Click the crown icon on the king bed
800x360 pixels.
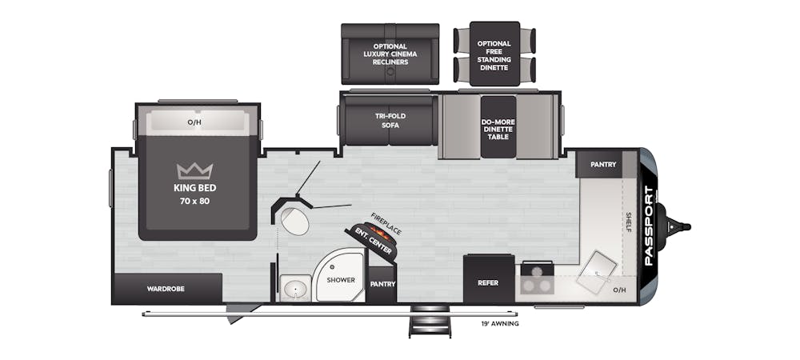click(194, 171)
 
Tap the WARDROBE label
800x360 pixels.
click(166, 289)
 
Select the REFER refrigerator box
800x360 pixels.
click(488, 278)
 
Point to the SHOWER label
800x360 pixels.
click(341, 280)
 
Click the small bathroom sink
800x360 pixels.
click(295, 288)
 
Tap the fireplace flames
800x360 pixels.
click(382, 234)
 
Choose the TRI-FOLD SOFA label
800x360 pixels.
click(390, 120)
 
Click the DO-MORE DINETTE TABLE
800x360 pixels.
click(498, 126)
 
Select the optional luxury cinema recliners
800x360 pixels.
click(390, 54)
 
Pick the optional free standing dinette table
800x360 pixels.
click(494, 54)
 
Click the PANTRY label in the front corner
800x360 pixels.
click(603, 164)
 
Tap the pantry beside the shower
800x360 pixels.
click(382, 284)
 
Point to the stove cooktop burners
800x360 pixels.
click(537, 278)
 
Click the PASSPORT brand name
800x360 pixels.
click(649, 226)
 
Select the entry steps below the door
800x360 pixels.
click(430, 322)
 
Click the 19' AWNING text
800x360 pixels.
click(499, 323)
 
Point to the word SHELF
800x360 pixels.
click(629, 222)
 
